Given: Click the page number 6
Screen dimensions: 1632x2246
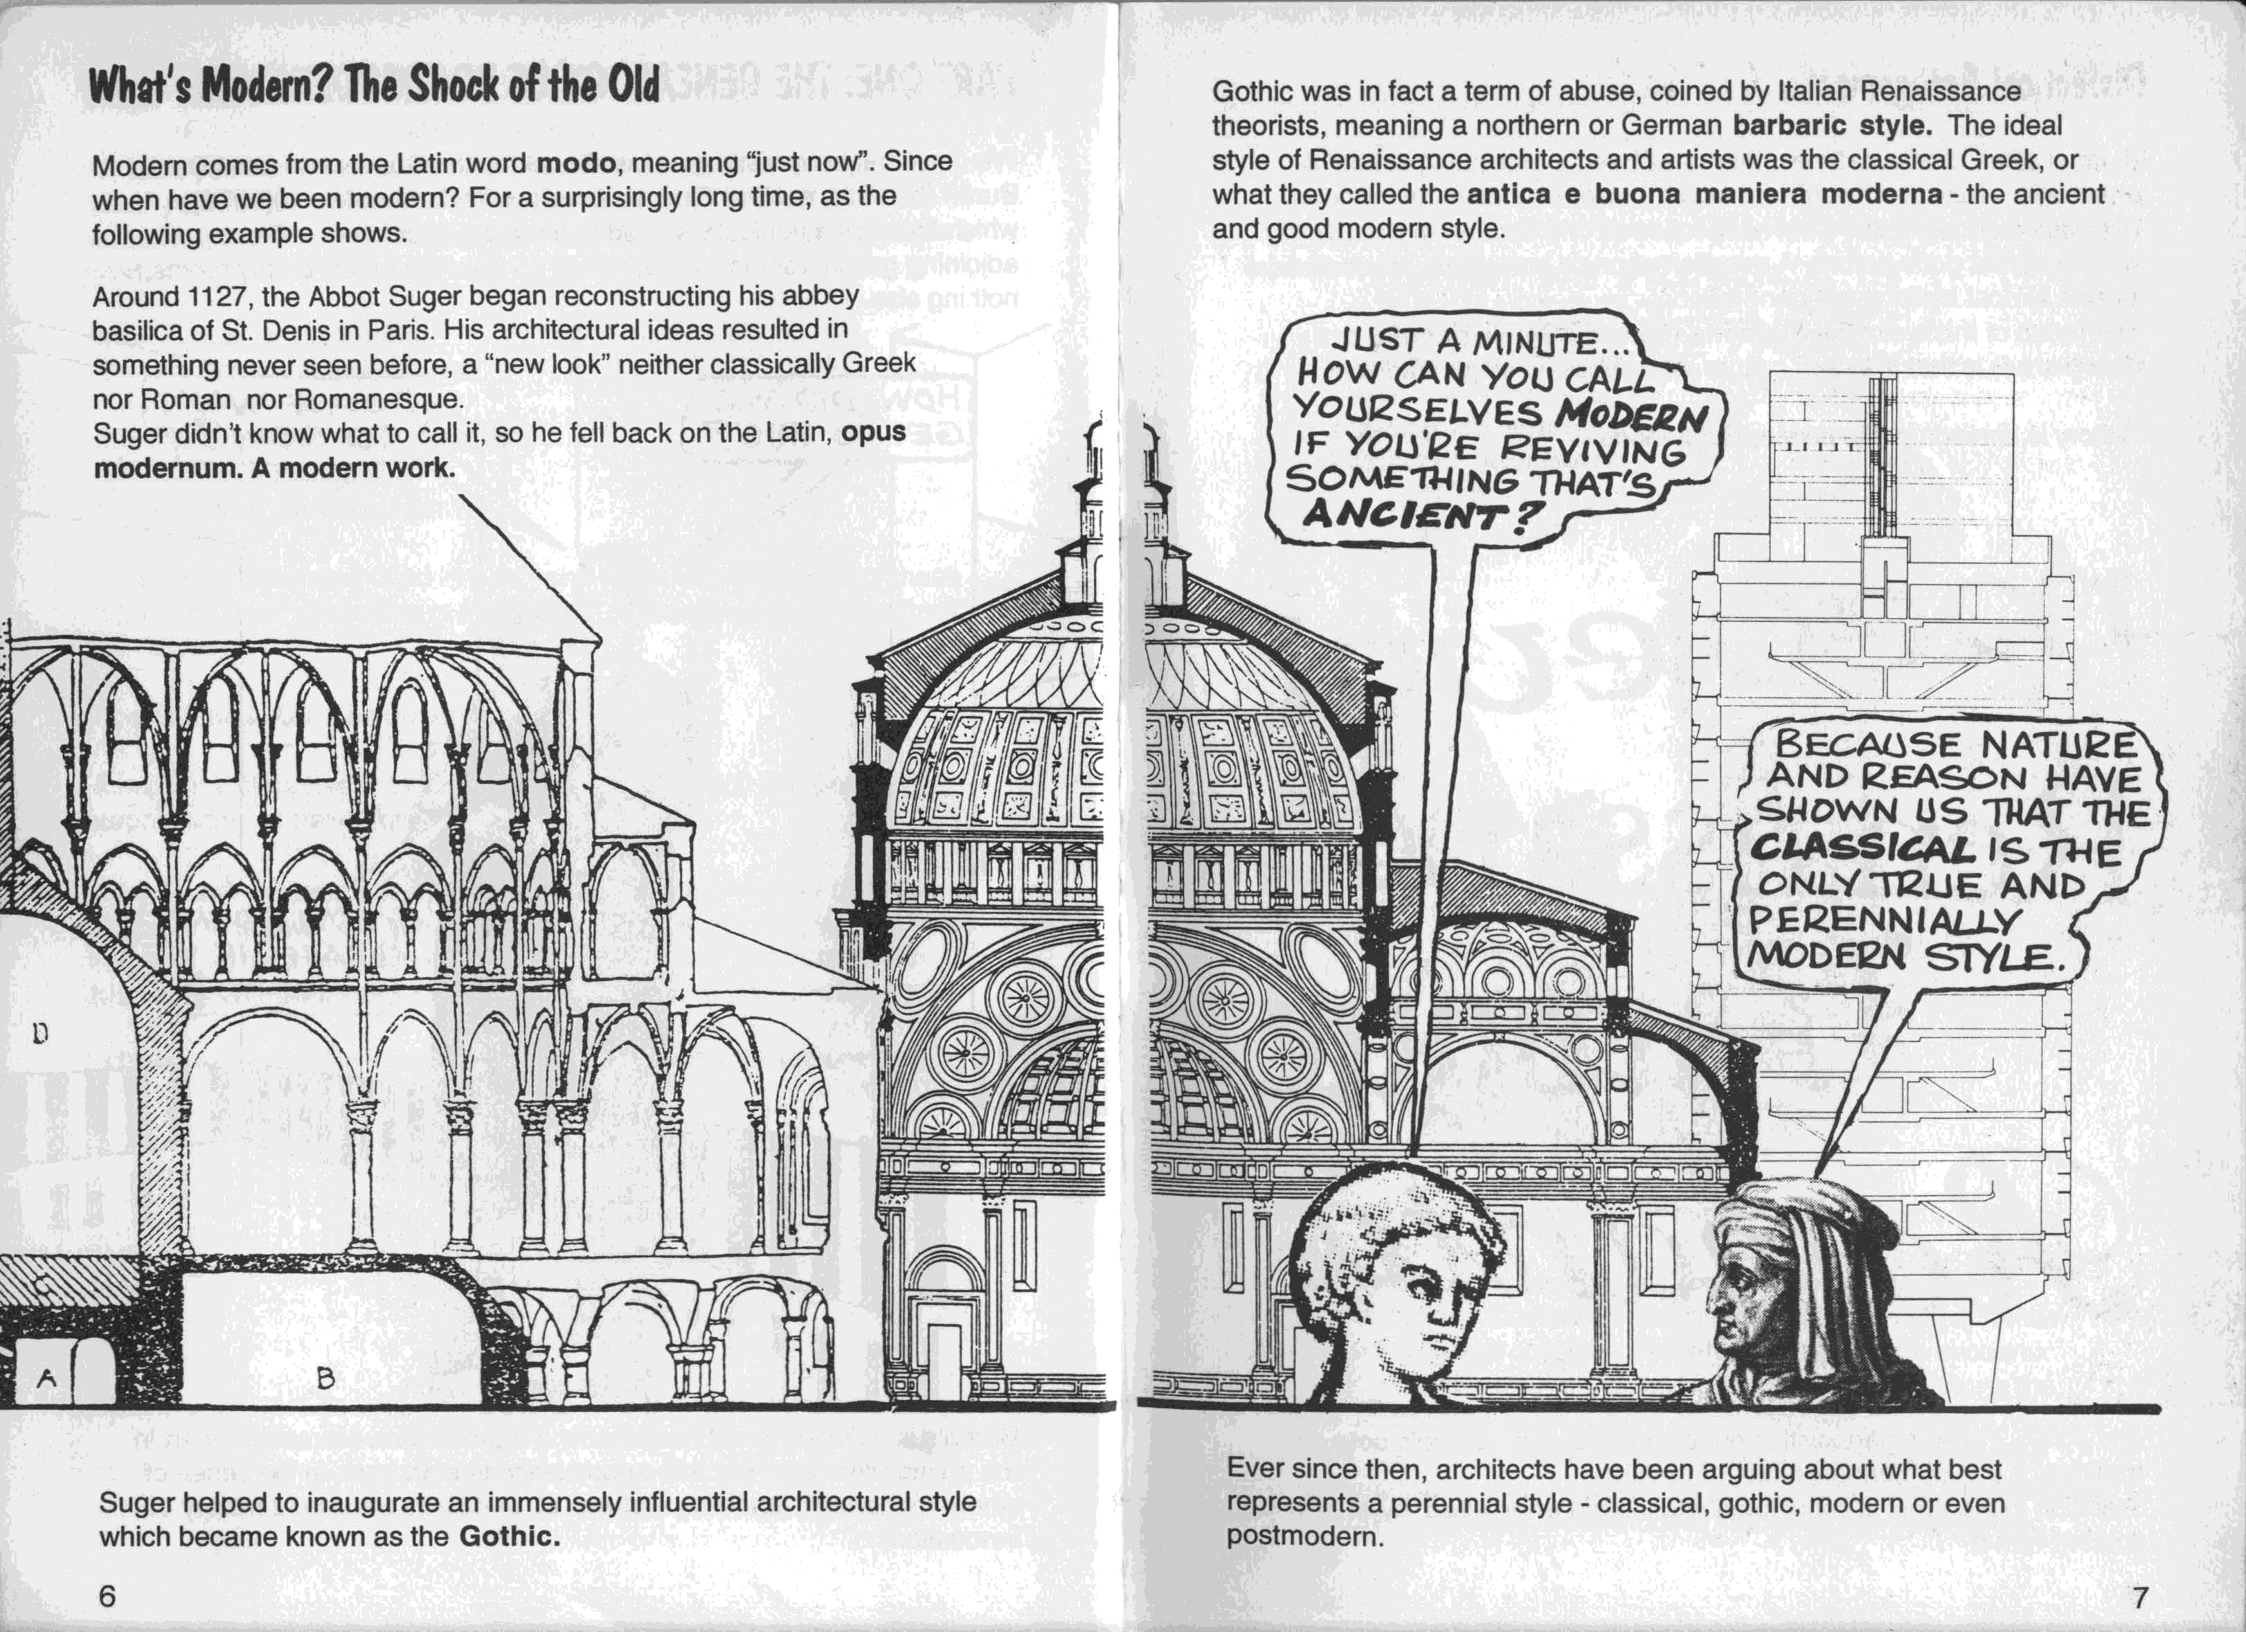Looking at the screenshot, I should click(x=107, y=1595).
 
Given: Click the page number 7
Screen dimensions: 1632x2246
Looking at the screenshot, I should click(x=2140, y=1597).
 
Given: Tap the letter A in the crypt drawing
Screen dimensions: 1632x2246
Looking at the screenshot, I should click(x=46, y=1377).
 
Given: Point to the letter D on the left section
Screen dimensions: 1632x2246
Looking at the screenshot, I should click(x=39, y=1034).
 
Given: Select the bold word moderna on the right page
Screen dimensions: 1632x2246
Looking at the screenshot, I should click(x=1882, y=194).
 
